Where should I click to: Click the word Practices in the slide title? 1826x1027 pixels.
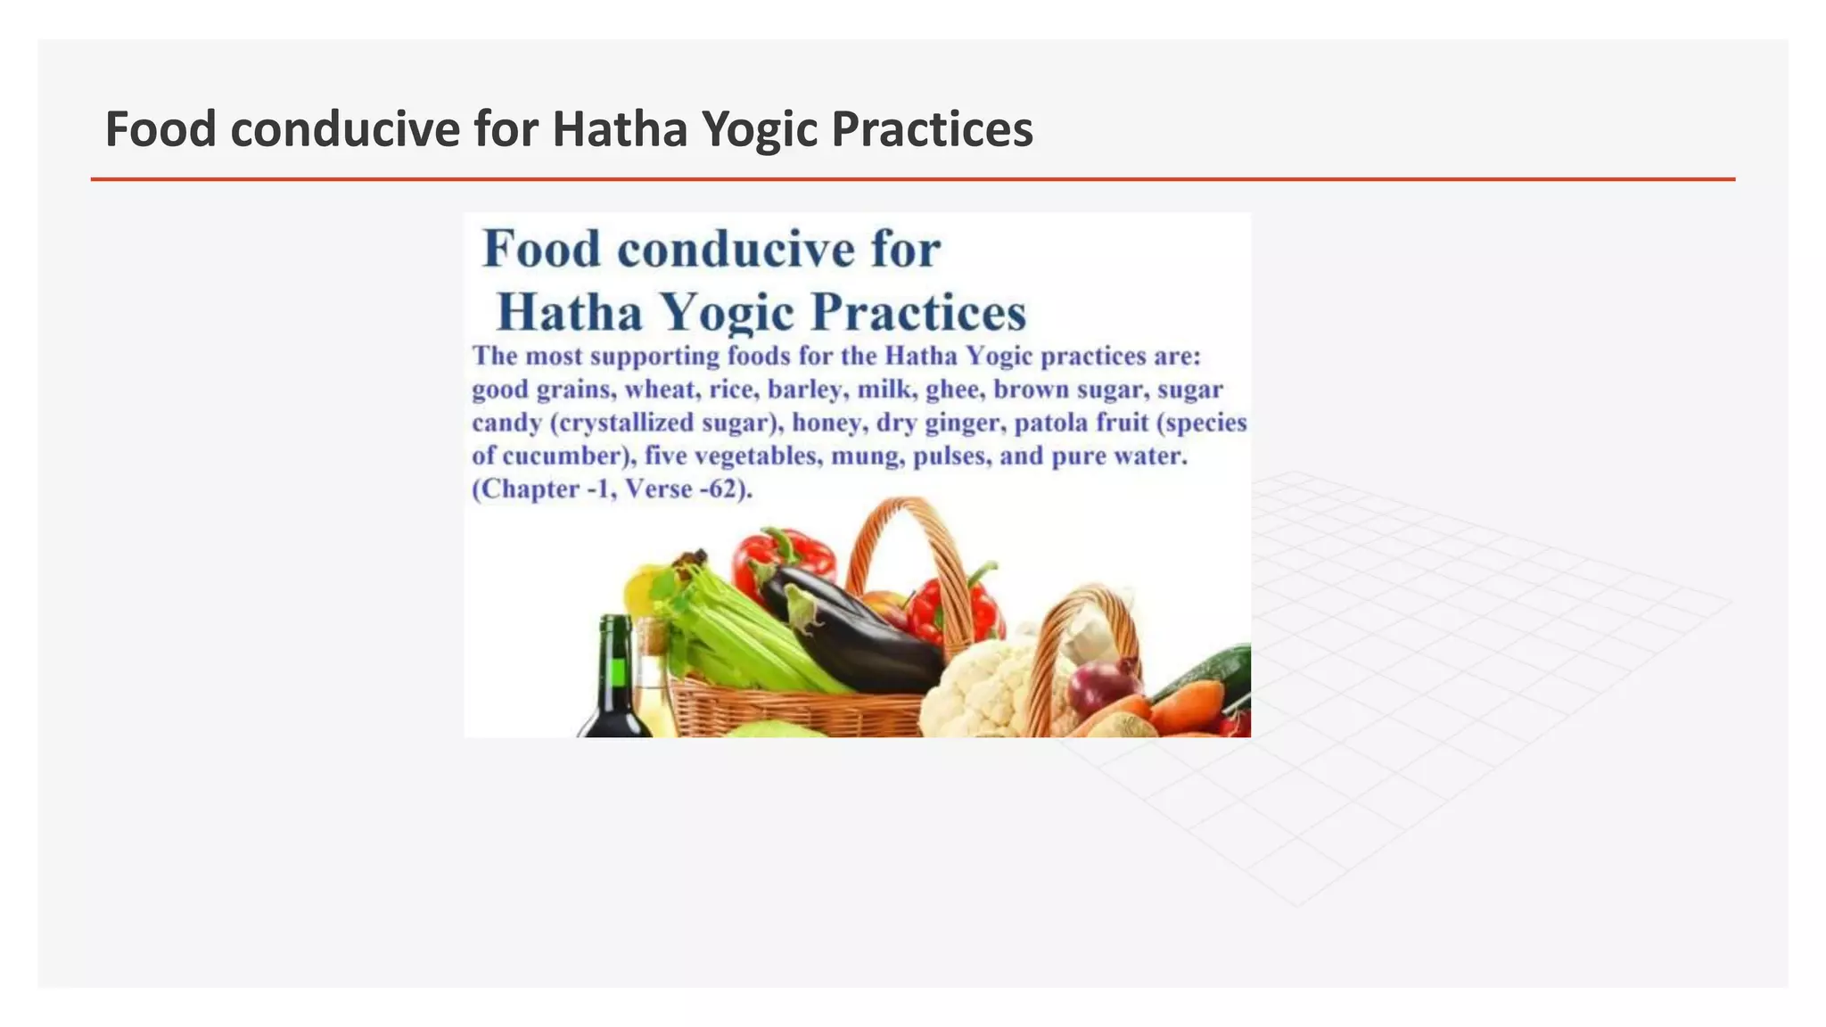tap(932, 129)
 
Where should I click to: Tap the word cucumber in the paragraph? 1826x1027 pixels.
tap(562, 456)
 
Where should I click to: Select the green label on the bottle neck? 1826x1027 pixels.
tap(617, 670)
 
